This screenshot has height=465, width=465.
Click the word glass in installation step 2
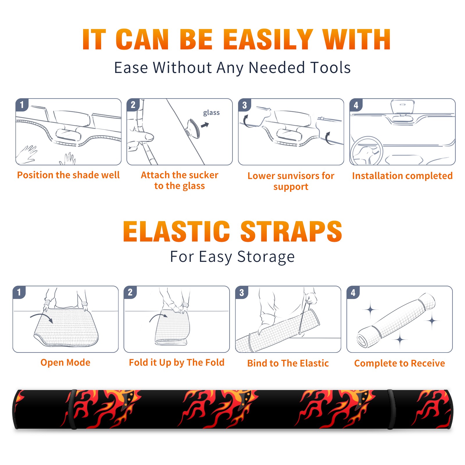(211, 113)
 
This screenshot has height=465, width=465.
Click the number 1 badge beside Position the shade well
(22, 105)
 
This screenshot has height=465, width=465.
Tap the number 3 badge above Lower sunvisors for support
(245, 105)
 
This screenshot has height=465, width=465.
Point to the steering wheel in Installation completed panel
(366, 151)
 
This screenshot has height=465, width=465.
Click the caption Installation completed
(402, 176)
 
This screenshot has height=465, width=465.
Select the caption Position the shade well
(68, 175)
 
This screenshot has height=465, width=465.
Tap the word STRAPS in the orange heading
(291, 231)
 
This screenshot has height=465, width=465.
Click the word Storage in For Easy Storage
(266, 257)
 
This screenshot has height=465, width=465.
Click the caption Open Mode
(65, 362)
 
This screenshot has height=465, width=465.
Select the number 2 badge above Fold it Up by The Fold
(130, 292)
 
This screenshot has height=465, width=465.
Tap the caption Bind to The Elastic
(288, 363)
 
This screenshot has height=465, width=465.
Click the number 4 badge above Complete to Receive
(353, 292)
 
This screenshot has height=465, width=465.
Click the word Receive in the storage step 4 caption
(428, 363)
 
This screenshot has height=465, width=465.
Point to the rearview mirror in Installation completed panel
(402, 107)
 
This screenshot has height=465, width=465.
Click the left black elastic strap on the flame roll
(72, 409)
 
